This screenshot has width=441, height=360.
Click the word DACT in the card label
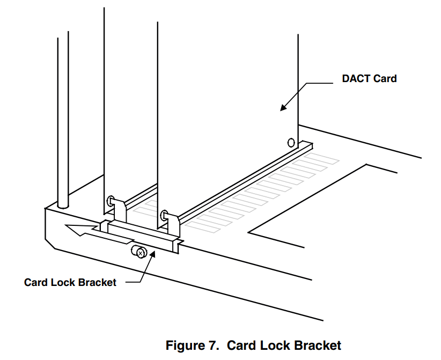coord(356,79)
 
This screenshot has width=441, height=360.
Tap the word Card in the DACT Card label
coord(385,79)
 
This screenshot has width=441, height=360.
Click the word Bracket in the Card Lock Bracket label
coord(96,282)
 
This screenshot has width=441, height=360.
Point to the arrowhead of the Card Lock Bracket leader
coord(153,252)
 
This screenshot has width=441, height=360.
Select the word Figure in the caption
coord(187,345)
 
